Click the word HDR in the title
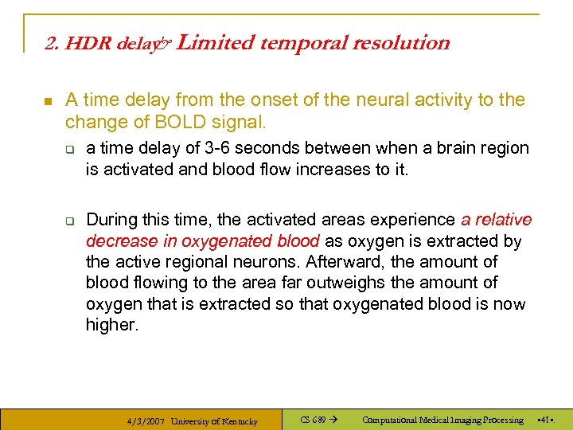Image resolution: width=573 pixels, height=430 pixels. (x=87, y=44)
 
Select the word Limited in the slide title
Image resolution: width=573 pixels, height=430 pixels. (x=210, y=43)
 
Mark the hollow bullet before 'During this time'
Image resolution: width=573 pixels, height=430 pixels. (x=69, y=221)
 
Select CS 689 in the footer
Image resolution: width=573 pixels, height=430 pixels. (x=313, y=420)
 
